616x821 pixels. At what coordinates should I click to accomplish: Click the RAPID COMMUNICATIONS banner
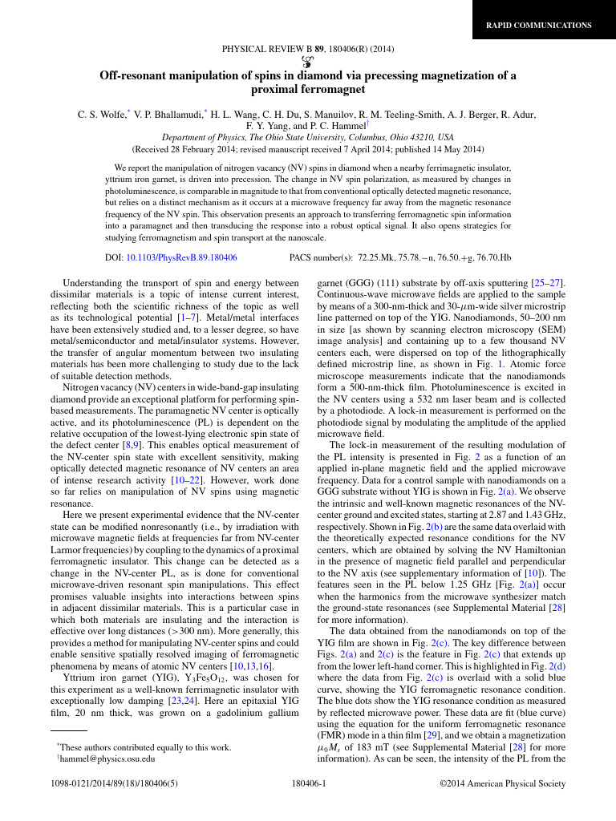539,26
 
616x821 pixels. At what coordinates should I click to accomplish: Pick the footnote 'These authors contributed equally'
144,747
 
